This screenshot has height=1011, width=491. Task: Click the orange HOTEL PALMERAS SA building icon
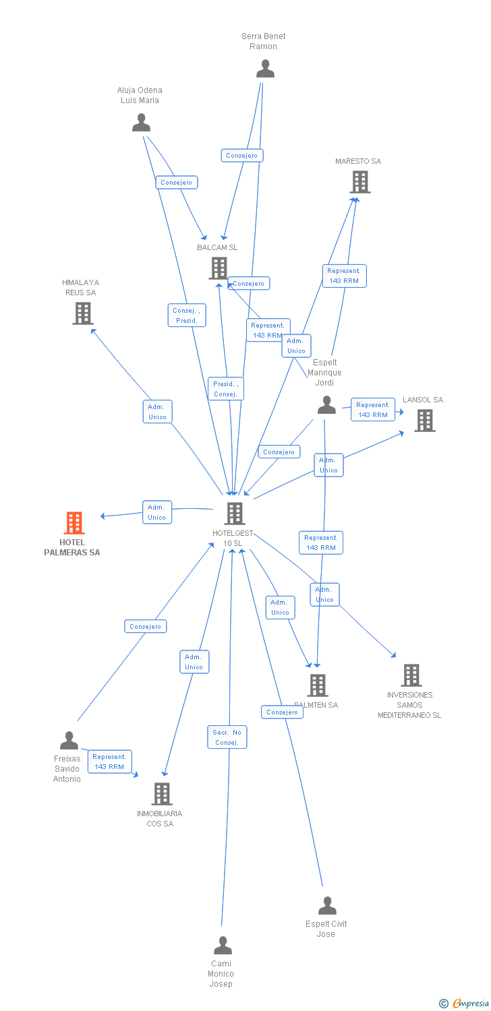click(x=74, y=523)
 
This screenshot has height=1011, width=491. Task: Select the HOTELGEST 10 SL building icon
click(x=234, y=514)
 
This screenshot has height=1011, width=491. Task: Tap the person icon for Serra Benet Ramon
click(x=265, y=69)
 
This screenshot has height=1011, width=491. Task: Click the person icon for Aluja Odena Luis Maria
click(x=141, y=123)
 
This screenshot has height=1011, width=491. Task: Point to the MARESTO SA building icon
click(x=360, y=182)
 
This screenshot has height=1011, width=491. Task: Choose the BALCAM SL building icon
click(x=219, y=268)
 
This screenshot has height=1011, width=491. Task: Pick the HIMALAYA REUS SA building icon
click(x=82, y=313)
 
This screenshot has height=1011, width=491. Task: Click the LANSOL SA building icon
click(x=424, y=421)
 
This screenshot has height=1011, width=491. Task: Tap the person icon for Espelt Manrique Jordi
click(x=326, y=405)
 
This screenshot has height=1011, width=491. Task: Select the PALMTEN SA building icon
click(x=318, y=685)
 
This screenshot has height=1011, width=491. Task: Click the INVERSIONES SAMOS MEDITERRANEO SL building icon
click(x=411, y=675)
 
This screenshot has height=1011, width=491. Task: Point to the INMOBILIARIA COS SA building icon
click(x=161, y=794)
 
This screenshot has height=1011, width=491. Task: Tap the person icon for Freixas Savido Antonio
click(x=69, y=741)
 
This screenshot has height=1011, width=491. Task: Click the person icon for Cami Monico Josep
click(x=222, y=946)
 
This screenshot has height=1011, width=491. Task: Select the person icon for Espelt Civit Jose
click(x=327, y=906)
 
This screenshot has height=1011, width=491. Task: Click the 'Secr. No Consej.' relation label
click(x=227, y=737)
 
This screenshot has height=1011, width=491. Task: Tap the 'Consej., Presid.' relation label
click(x=187, y=315)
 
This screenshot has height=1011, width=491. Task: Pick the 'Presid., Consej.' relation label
click(x=226, y=389)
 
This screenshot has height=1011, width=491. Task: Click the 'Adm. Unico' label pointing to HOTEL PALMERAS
click(x=156, y=512)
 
